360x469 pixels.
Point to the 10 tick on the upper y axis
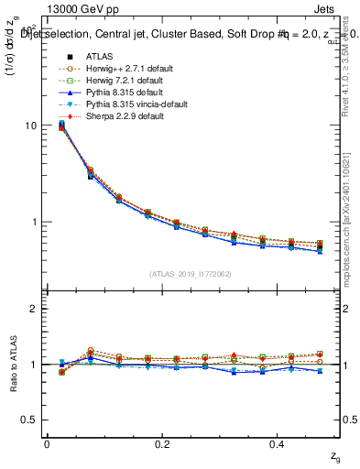[x=32, y=125]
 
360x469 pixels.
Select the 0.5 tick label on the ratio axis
[x=31, y=420]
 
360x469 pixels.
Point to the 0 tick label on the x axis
[x=47, y=443]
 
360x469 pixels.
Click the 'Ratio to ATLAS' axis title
[x=12, y=365]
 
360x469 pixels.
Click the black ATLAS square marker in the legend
[x=63, y=56]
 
